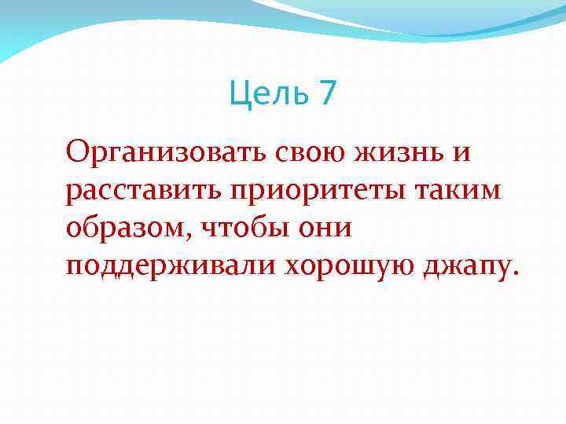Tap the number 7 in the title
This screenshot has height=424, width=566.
coord(327,94)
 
